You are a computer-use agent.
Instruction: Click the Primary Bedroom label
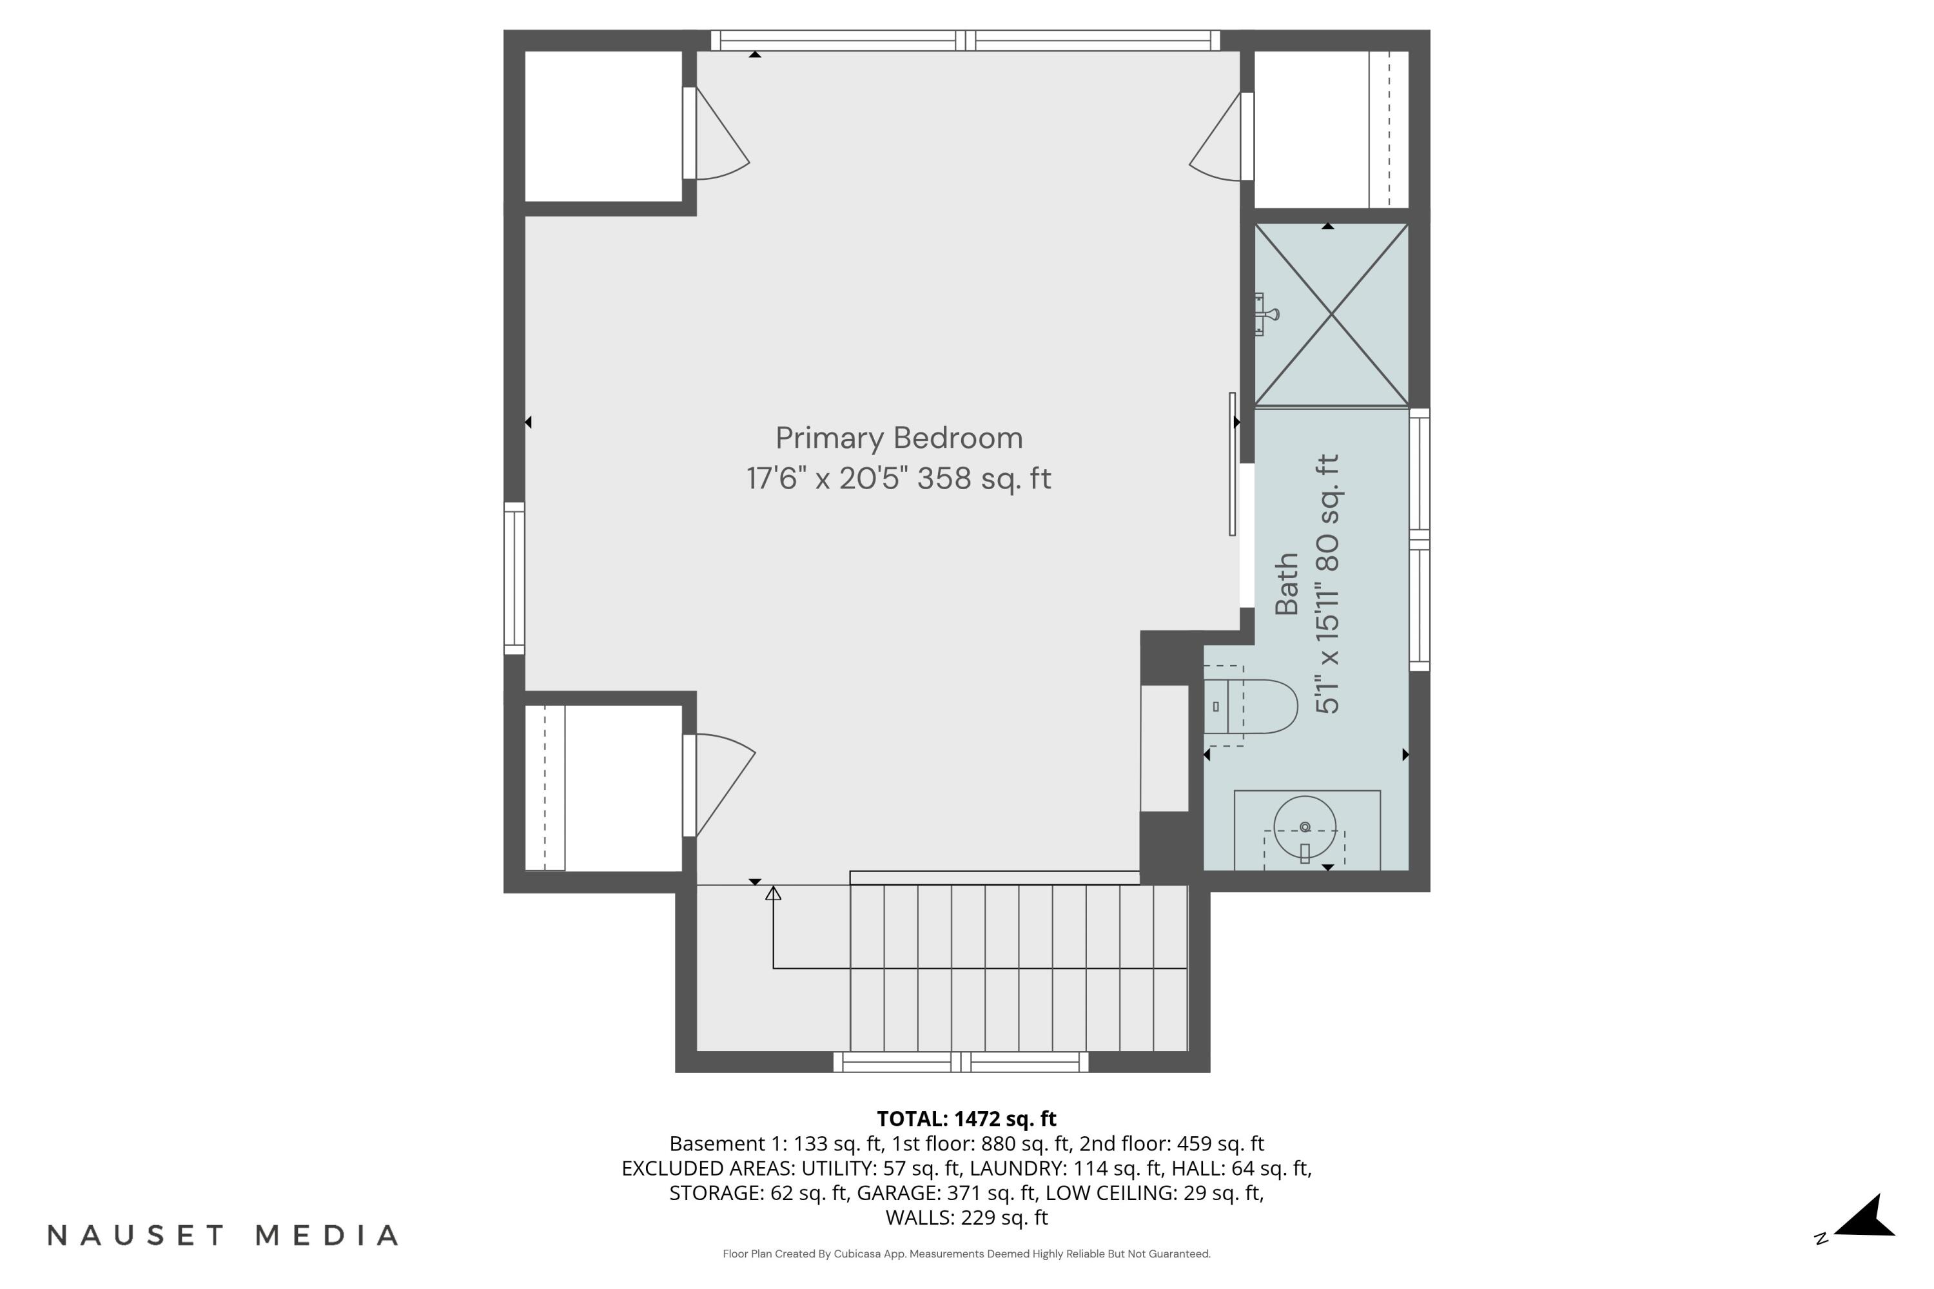pyautogui.click(x=899, y=438)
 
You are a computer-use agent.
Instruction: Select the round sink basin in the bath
pyautogui.click(x=1304, y=826)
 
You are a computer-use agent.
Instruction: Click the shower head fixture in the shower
pyautogui.click(x=1266, y=314)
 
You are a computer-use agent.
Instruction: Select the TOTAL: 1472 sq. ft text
pyautogui.click(x=966, y=1119)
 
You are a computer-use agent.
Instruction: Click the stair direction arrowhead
pyautogui.click(x=773, y=893)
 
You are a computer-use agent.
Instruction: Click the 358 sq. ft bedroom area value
pyautogui.click(x=984, y=478)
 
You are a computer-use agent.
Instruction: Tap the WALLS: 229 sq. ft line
pyautogui.click(x=966, y=1217)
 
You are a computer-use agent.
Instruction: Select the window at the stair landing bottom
pyautogui.click(x=961, y=1062)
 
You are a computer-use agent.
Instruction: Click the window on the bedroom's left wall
pyautogui.click(x=514, y=578)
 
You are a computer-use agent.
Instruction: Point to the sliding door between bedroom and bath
pyautogui.click(x=1233, y=465)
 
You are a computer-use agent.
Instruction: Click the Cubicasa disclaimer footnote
pyautogui.click(x=966, y=1254)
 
